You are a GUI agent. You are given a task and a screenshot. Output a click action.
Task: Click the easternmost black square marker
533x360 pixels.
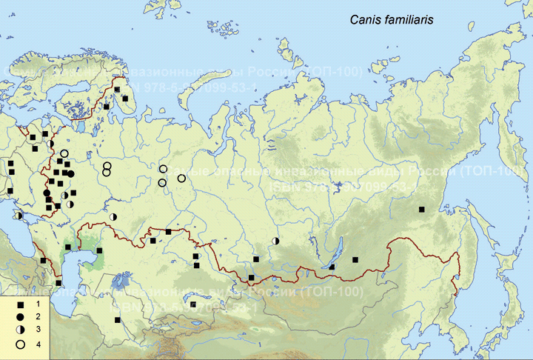421,210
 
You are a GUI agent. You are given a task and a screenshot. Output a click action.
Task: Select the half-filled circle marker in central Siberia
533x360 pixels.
275,241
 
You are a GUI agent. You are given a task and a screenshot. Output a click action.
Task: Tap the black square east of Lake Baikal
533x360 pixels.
356,260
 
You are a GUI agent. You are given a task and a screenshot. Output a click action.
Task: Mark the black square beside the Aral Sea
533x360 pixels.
99,252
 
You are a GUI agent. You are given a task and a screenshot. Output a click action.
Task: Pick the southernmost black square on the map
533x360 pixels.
117,320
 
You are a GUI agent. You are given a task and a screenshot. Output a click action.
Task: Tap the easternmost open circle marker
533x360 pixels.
181,178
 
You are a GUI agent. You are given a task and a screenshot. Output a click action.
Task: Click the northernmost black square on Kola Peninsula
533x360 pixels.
116,89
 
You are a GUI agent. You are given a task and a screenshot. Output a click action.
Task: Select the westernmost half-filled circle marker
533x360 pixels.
19,215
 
